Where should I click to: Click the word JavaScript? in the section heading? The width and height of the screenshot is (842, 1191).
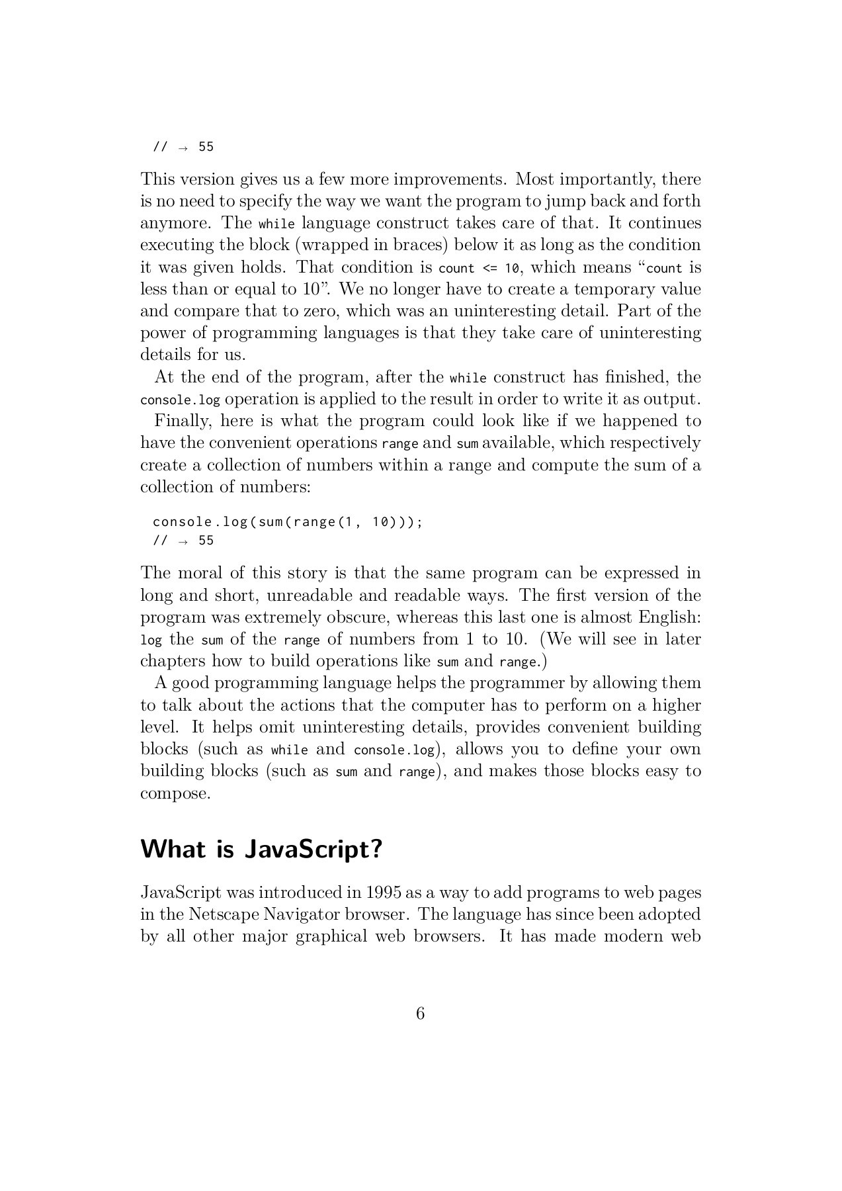point(314,849)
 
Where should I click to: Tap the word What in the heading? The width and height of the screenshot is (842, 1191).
point(173,849)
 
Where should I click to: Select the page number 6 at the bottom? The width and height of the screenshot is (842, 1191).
point(421,1014)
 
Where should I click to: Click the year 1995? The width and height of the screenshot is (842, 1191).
point(383,893)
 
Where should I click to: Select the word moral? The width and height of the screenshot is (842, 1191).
point(200,573)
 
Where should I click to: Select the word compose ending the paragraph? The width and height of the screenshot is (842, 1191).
point(175,793)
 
